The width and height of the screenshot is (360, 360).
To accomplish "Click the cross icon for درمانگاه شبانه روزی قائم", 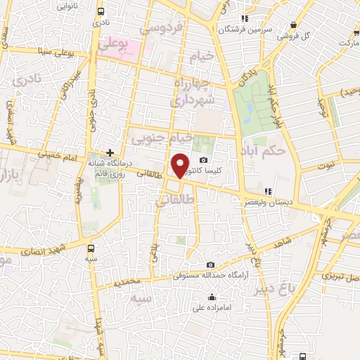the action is point(110,152).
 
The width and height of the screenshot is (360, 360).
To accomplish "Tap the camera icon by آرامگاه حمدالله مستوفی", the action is point(210,264).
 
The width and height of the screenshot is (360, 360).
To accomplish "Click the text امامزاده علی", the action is point(217,307).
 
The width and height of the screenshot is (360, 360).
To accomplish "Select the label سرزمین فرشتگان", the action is point(244,30).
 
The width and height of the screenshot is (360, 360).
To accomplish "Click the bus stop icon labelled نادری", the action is point(100,12).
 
